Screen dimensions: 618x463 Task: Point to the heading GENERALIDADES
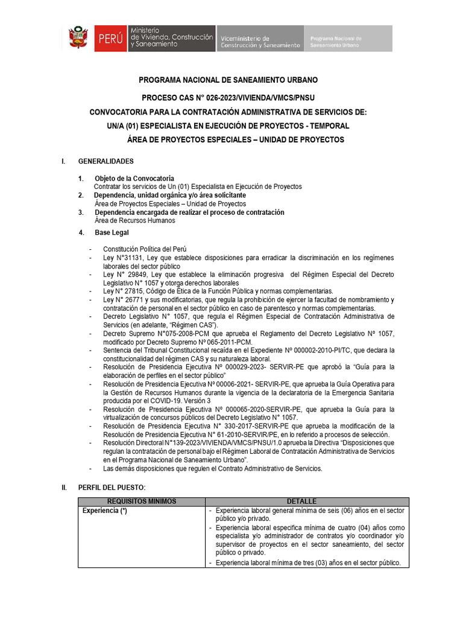click(106, 161)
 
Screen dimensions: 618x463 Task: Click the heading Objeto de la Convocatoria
click(134, 178)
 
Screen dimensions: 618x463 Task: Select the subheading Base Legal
click(112, 232)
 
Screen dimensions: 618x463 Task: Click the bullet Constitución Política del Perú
click(145, 249)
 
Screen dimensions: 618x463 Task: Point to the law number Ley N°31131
click(122, 258)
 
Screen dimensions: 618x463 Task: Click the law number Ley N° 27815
click(123, 291)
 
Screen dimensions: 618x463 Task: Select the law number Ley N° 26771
click(123, 300)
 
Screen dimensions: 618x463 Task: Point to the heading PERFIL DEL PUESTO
click(112, 487)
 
